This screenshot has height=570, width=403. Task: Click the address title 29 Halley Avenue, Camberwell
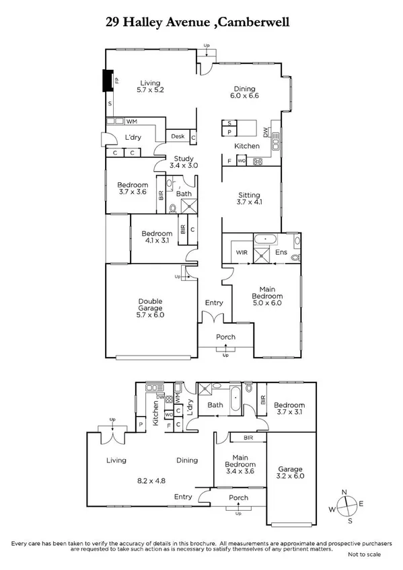[x=201, y=22]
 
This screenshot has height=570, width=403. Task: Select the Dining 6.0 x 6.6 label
[x=245, y=91]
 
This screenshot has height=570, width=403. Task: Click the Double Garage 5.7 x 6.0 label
[x=151, y=308]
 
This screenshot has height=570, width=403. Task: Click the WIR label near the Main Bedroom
[x=242, y=252]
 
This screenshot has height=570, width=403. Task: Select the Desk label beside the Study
[x=178, y=136]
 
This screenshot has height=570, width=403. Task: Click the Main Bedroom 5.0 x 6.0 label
[x=262, y=298]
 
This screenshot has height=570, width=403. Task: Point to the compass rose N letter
[x=344, y=493]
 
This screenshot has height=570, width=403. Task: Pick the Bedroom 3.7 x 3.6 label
[x=133, y=188]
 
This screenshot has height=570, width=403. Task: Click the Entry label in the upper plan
[x=214, y=303]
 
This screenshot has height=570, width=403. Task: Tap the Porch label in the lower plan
[x=238, y=498]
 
